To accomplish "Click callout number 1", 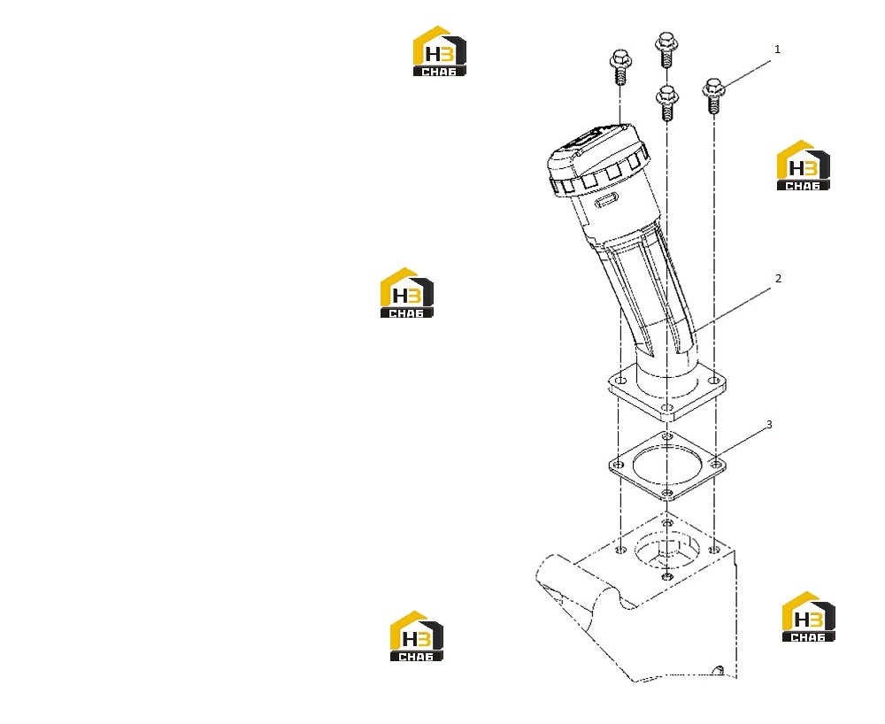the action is (777, 50).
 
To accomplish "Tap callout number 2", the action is (778, 278).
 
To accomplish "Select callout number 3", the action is (769, 424).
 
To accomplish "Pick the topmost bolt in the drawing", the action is (666, 49).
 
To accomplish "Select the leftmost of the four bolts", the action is (620, 66).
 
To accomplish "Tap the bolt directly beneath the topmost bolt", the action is (666, 103).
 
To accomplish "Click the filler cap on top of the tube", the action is (598, 160).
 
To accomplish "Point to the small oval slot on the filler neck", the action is (607, 200).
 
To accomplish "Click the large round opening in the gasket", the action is (666, 465).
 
